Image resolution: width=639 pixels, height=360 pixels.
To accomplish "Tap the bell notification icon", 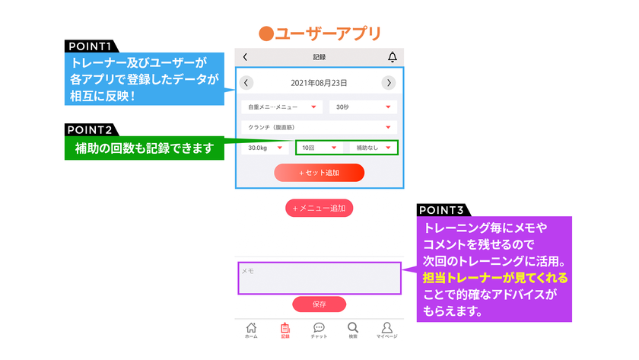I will tap(393, 57).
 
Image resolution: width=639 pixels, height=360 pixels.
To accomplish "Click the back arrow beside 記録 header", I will tap(245, 57).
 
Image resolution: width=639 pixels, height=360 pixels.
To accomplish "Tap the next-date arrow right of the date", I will tap(389, 83).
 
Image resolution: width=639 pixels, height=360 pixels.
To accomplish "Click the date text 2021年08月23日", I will tap(319, 83).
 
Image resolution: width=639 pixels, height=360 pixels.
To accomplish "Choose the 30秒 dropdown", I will tap(363, 107).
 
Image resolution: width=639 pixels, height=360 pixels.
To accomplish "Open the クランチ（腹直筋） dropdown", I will tap(319, 127).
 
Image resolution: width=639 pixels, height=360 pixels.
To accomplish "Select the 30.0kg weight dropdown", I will tap(265, 148).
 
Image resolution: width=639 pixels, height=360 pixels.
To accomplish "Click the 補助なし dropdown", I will tap(374, 148).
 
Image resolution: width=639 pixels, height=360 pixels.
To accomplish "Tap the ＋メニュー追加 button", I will tap(319, 208).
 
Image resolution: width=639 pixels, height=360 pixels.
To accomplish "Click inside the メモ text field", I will tap(319, 278).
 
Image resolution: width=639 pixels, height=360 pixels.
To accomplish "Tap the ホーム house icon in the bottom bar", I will tap(251, 328).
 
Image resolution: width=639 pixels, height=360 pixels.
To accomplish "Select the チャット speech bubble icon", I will tap(319, 328).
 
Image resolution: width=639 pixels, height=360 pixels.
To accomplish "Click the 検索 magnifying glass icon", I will tap(353, 328).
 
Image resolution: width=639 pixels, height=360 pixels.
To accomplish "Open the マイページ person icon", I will tap(386, 328).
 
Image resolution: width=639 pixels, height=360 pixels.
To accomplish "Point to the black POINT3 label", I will tap(443, 210).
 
